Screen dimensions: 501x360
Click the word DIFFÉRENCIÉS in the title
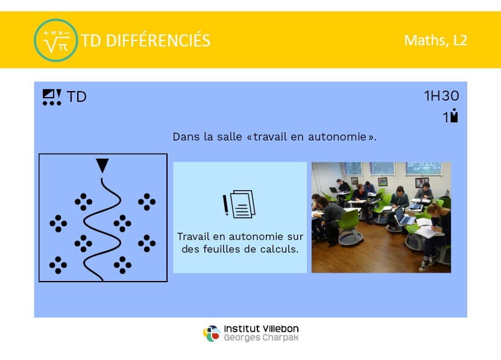point(158,40)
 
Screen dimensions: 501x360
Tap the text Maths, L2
point(435,40)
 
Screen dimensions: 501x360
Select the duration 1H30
point(441,96)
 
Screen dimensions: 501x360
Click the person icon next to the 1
point(454,115)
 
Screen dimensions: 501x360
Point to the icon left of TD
point(52,97)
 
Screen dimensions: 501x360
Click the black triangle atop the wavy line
point(102,165)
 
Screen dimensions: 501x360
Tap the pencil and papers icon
point(239,204)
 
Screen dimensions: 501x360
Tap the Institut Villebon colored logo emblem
point(212,333)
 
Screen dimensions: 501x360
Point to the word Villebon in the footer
point(280,329)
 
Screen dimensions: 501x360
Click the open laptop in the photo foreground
point(404,216)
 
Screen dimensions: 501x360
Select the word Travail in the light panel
point(193,236)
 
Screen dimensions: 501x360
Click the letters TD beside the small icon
point(77,97)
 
